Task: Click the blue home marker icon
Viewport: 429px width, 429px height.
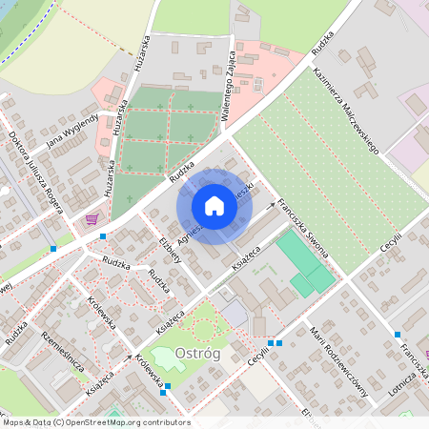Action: (x=214, y=205)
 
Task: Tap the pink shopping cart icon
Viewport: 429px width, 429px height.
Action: (x=92, y=218)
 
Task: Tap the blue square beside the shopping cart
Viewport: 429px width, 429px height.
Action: (x=103, y=234)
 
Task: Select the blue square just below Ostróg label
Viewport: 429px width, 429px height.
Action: (x=168, y=386)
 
